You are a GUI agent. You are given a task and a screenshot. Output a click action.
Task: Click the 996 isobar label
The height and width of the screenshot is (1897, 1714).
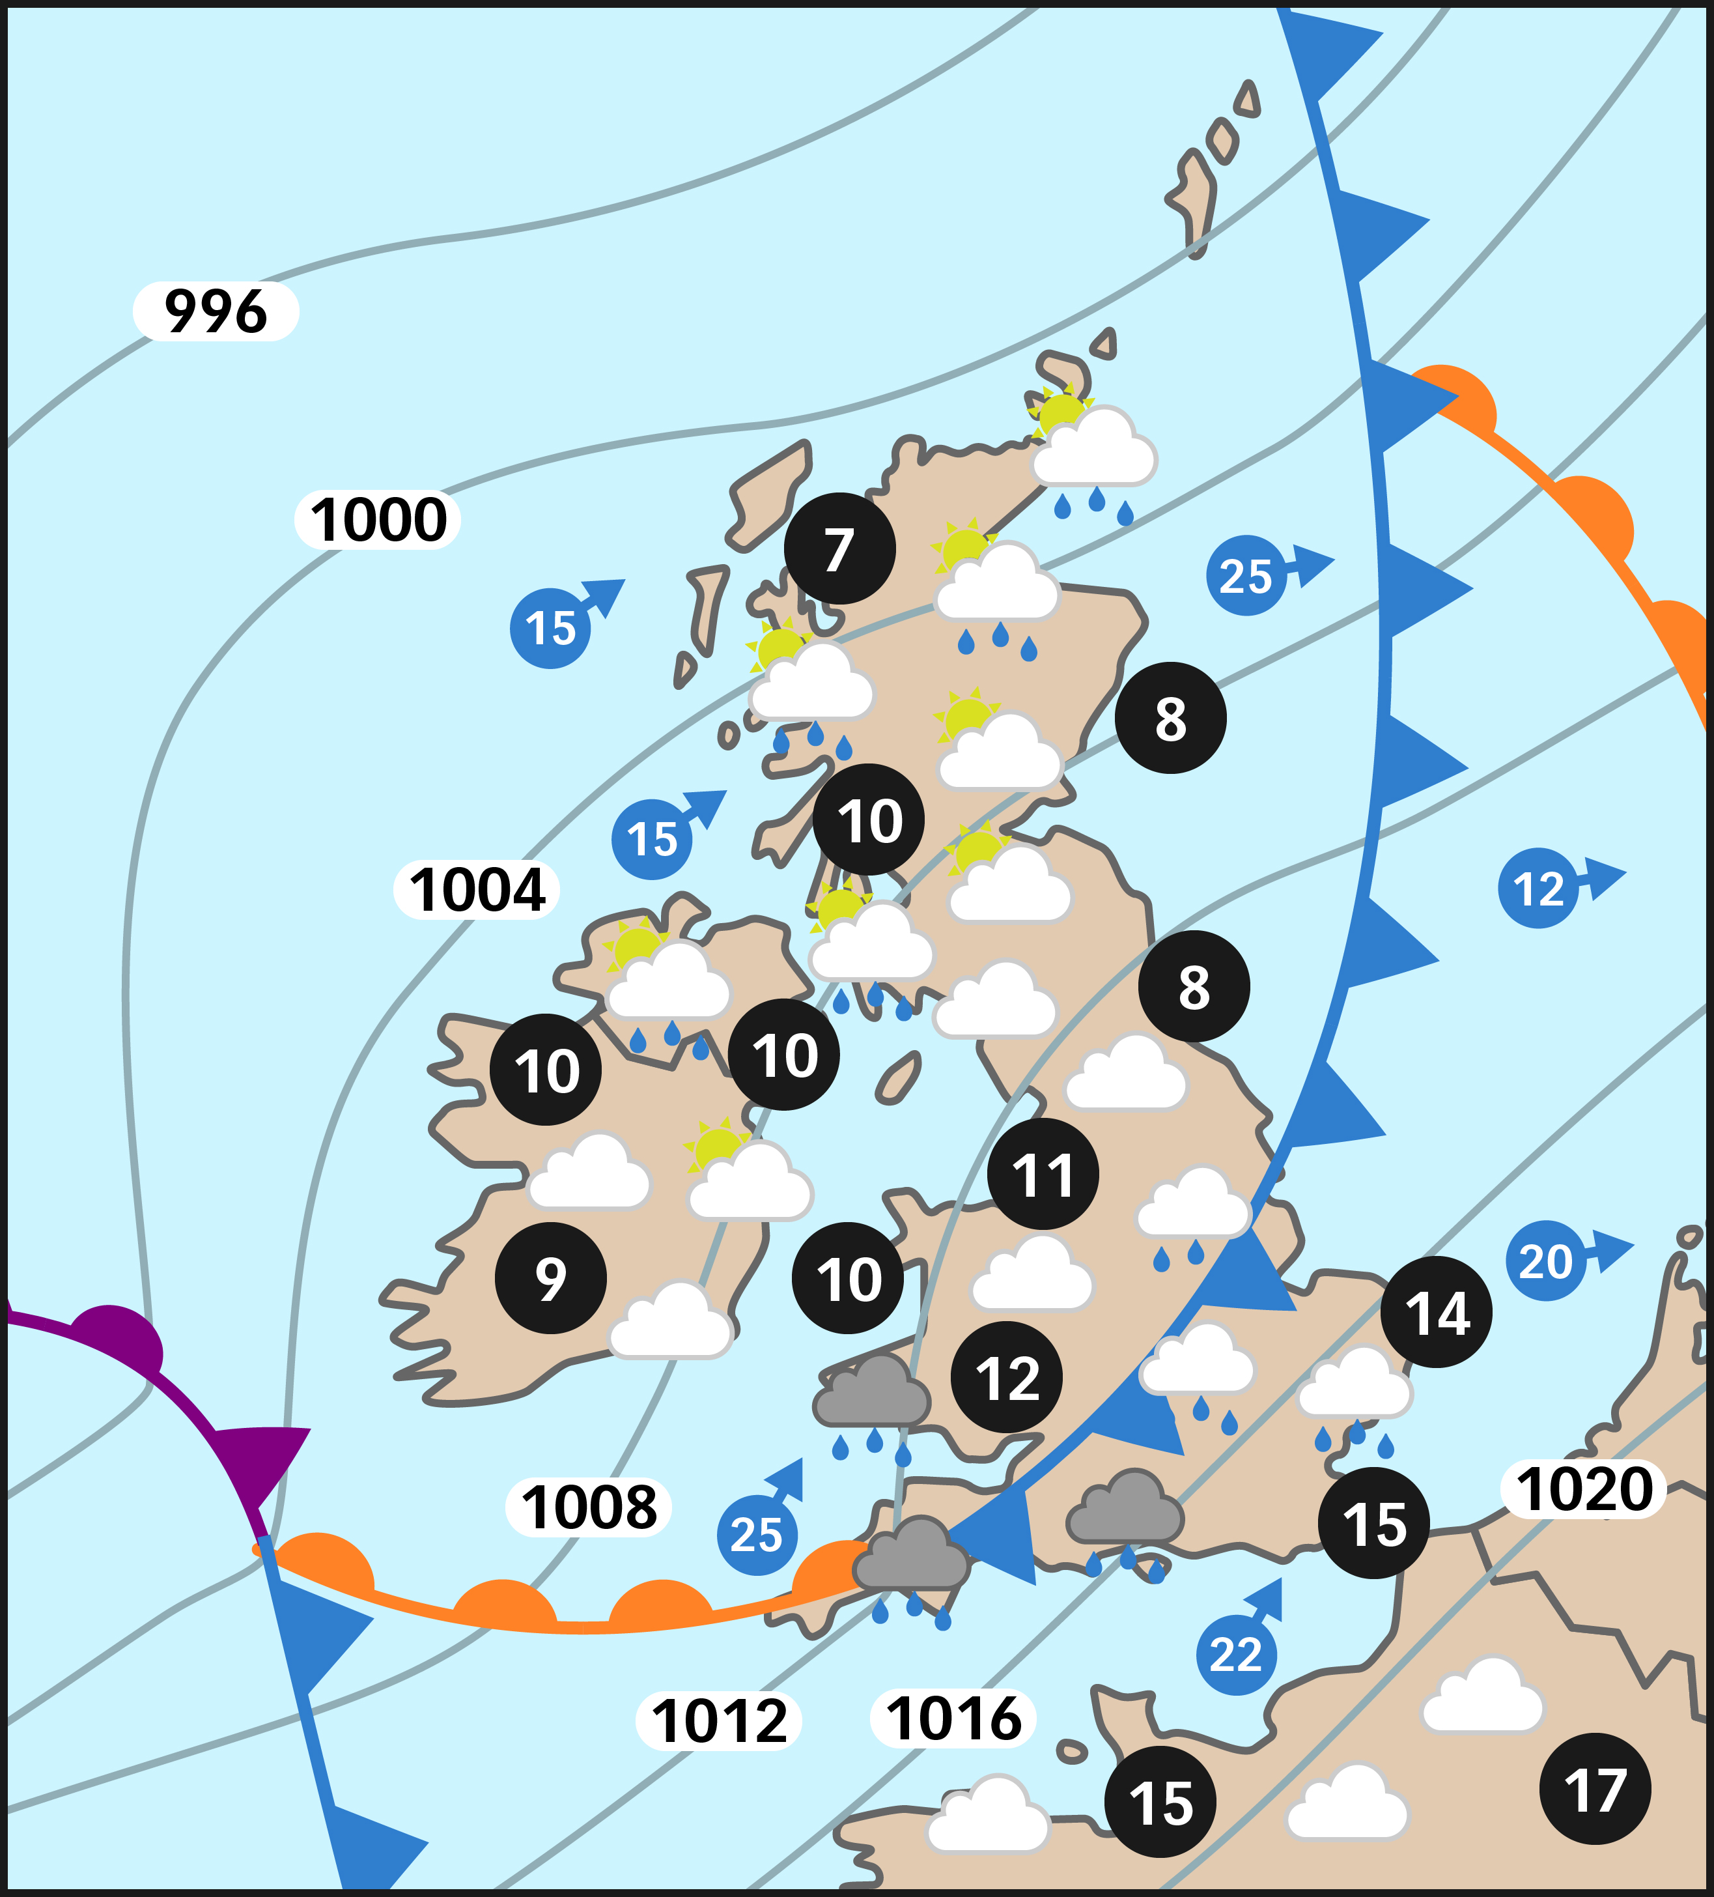(216, 311)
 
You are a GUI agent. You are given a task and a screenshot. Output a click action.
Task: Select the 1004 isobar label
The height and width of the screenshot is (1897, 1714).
(477, 889)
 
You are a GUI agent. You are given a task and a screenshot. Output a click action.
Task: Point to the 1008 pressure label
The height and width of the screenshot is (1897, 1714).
(589, 1507)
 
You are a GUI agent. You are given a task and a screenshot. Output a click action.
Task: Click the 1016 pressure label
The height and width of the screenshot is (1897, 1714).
(953, 1719)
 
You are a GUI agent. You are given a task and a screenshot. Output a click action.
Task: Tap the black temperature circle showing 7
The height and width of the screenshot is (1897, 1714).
(839, 549)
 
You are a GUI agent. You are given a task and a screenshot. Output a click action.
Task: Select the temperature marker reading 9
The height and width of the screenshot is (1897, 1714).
(550, 1278)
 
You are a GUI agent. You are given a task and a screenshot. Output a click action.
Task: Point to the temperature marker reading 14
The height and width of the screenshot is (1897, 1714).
(1435, 1313)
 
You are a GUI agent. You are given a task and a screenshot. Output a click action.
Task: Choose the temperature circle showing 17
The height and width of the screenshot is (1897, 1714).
(1595, 1789)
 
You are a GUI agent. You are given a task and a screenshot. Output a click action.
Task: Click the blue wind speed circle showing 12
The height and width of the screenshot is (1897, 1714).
(1538, 889)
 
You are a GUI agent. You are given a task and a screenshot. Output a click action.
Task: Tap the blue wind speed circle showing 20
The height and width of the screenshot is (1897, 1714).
(1545, 1261)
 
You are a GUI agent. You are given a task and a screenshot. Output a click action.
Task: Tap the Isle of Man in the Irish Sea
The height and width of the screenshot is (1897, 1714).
(899, 1078)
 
